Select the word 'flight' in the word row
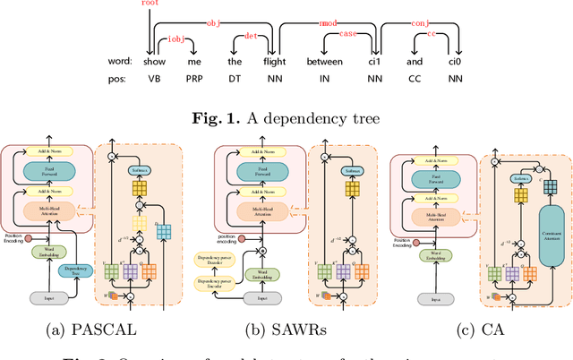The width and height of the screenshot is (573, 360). pyautogui.click(x=275, y=62)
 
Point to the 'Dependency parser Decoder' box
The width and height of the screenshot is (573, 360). pyautogui.click(x=214, y=258)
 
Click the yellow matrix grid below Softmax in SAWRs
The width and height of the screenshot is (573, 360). pyautogui.click(x=351, y=191)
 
